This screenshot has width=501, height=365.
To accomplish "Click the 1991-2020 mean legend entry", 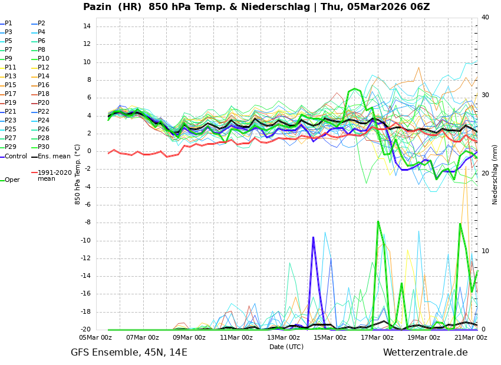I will [x=54, y=175].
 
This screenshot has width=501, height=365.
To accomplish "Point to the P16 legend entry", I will [x=44, y=85].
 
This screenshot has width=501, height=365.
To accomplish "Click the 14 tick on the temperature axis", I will [x=86, y=26].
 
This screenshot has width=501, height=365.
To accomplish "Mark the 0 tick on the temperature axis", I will [x=88, y=151].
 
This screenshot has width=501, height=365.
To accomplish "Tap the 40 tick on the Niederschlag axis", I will [x=485, y=18].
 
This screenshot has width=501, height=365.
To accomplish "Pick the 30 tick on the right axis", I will [x=485, y=95].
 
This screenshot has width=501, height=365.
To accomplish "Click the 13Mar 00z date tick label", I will [x=283, y=338].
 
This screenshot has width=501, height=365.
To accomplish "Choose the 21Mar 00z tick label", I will [x=471, y=338].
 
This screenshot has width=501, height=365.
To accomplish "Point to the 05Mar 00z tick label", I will [x=95, y=338].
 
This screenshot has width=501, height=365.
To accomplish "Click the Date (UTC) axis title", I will [x=286, y=347].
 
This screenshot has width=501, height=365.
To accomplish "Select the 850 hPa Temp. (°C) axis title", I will [x=78, y=174].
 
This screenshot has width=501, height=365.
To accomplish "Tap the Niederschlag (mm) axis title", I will [x=495, y=174].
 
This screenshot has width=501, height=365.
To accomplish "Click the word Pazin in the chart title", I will [x=98, y=7].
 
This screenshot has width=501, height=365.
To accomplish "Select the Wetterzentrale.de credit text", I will [x=425, y=353].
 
